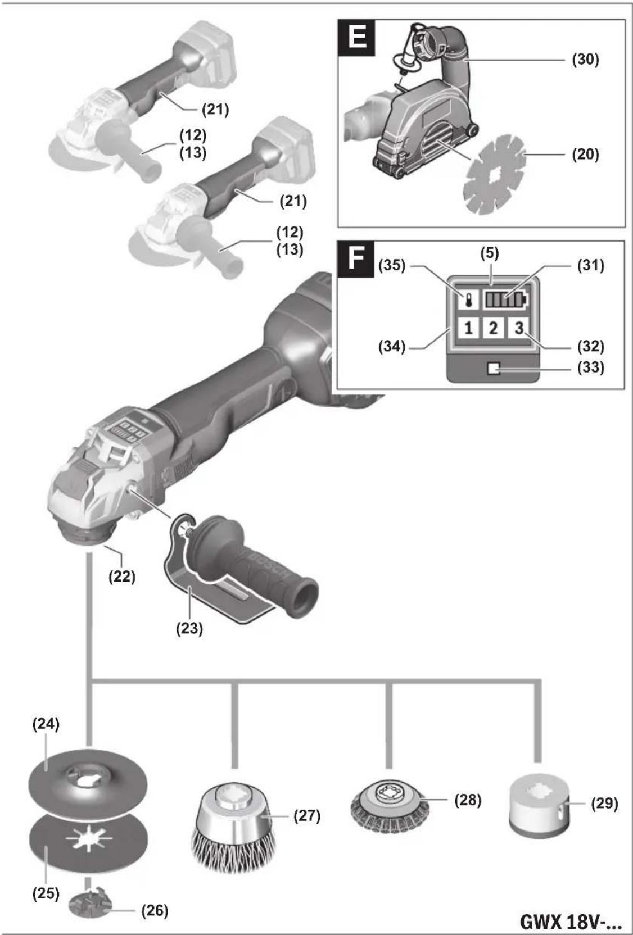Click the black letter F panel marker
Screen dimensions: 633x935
coord(356,259)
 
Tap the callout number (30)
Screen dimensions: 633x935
coord(585,59)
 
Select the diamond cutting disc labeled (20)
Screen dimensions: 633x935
coord(494,175)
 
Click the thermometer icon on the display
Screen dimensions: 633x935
coord(468,299)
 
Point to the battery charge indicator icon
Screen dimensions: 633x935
coord(505,299)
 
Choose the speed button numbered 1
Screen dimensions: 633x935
coord(468,328)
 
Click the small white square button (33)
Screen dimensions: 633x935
coord(494,369)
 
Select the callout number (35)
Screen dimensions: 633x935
coord(392,265)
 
